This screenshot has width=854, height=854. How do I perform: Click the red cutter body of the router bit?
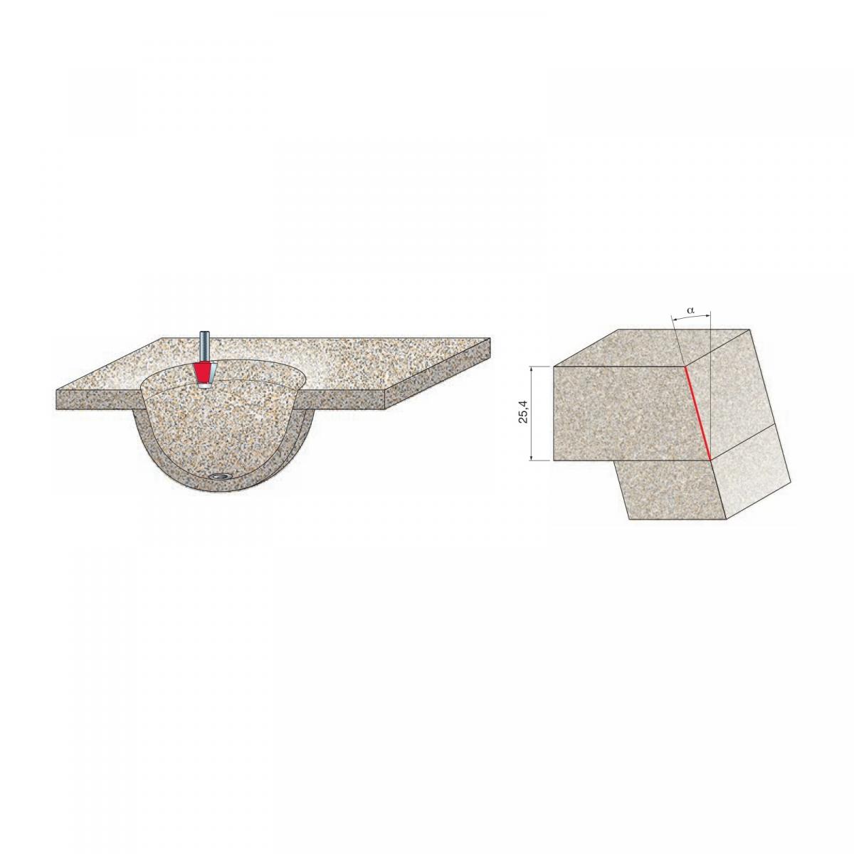[204, 373]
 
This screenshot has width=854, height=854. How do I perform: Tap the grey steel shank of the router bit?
[204, 347]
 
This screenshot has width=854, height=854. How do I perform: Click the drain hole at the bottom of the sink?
[218, 476]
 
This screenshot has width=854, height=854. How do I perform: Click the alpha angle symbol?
[690, 310]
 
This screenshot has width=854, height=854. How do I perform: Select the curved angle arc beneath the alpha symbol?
[691, 317]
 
